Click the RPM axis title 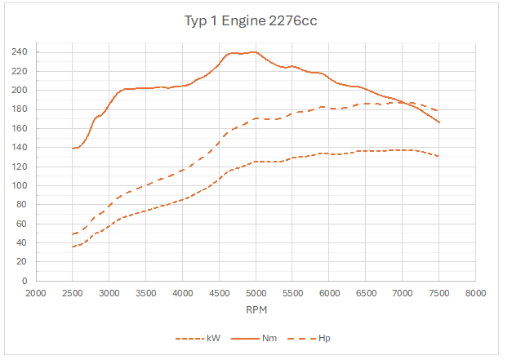point(256,310)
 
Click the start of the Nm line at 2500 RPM point(73,149)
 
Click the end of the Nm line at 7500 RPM point(439,122)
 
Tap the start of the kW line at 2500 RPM point(73,247)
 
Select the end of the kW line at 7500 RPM point(439,156)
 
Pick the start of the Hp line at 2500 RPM point(73,234)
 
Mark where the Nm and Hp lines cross point(402,103)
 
